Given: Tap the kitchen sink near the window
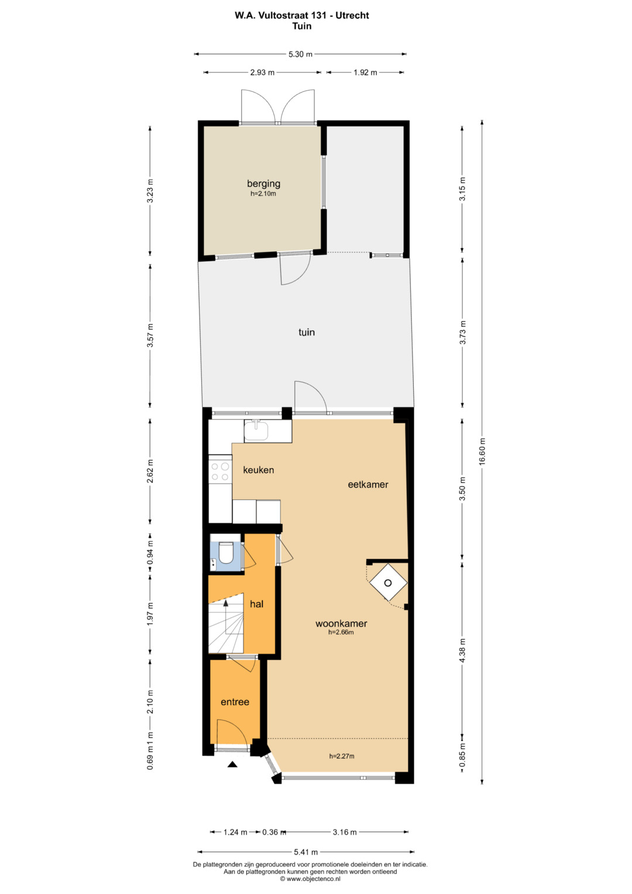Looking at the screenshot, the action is (256, 430).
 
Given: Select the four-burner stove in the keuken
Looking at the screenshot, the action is (220, 471).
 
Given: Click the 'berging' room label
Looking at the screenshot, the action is (263, 184).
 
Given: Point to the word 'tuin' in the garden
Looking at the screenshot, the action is (307, 332).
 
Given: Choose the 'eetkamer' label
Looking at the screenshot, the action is (368, 485).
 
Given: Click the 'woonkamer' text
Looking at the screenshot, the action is (341, 624).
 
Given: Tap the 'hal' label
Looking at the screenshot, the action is (256, 604).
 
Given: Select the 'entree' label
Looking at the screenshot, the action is (235, 702).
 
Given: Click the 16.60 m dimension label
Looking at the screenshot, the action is (482, 451).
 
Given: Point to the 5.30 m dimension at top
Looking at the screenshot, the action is (300, 54).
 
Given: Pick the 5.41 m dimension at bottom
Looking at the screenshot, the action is (305, 852).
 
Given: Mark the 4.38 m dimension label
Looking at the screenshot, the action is (462, 650).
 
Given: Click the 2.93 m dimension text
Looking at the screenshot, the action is (262, 73).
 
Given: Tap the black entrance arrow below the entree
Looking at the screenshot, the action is (232, 764).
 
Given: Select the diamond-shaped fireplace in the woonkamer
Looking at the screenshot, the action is (388, 583).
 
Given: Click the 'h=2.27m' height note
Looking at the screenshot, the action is (342, 756).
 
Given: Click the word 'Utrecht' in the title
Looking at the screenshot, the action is (352, 16).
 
